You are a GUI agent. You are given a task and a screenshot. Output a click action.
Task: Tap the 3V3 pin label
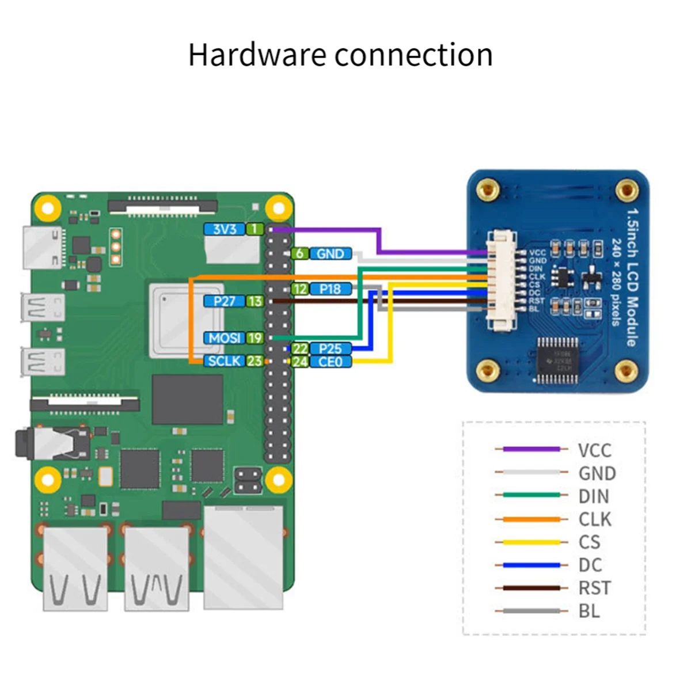225,229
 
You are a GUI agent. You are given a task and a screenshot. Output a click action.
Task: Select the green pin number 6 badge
299,253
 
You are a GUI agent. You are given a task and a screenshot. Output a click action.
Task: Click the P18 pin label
331,289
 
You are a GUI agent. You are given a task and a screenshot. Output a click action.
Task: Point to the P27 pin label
225,301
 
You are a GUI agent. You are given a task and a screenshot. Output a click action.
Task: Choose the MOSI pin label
225,338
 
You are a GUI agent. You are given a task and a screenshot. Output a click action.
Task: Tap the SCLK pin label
225,361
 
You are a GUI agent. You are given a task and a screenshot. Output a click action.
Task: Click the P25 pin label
331,348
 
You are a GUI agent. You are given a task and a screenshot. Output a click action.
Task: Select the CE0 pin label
331,362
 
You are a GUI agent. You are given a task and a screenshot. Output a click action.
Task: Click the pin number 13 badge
255,301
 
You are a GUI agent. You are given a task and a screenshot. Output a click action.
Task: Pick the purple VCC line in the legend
531,449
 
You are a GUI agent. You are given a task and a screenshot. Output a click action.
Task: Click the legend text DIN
594,496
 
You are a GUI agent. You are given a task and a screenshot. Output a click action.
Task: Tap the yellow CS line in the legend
531,542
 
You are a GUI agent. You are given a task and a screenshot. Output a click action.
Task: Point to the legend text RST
595,588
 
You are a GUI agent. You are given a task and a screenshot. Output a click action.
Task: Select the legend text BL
589,611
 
